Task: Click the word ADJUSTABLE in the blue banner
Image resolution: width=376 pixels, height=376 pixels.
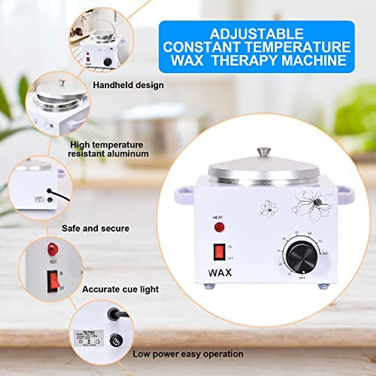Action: pos(257,34)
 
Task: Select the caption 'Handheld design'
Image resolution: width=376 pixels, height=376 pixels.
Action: pos(128,85)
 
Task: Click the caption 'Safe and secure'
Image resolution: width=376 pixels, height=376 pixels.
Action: pos(95,228)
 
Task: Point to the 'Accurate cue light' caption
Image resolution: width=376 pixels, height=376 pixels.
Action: pos(120,289)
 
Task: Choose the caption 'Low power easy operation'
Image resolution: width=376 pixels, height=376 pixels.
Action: pos(188,354)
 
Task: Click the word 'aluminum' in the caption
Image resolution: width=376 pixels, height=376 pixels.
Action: pos(128,154)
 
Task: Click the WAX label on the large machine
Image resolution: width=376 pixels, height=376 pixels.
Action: pos(220,273)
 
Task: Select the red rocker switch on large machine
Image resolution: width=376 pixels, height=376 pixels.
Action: pos(220,252)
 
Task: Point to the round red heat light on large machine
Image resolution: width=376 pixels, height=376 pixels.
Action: pos(219,227)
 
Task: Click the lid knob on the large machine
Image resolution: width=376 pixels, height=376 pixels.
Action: pos(264,152)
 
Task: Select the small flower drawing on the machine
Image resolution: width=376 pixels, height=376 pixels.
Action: pos(269,208)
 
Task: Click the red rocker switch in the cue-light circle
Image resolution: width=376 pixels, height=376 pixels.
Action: pos(53,281)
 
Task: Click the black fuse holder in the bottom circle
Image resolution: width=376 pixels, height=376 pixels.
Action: pos(116,340)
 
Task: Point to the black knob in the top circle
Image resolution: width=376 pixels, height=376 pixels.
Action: pos(108,62)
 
